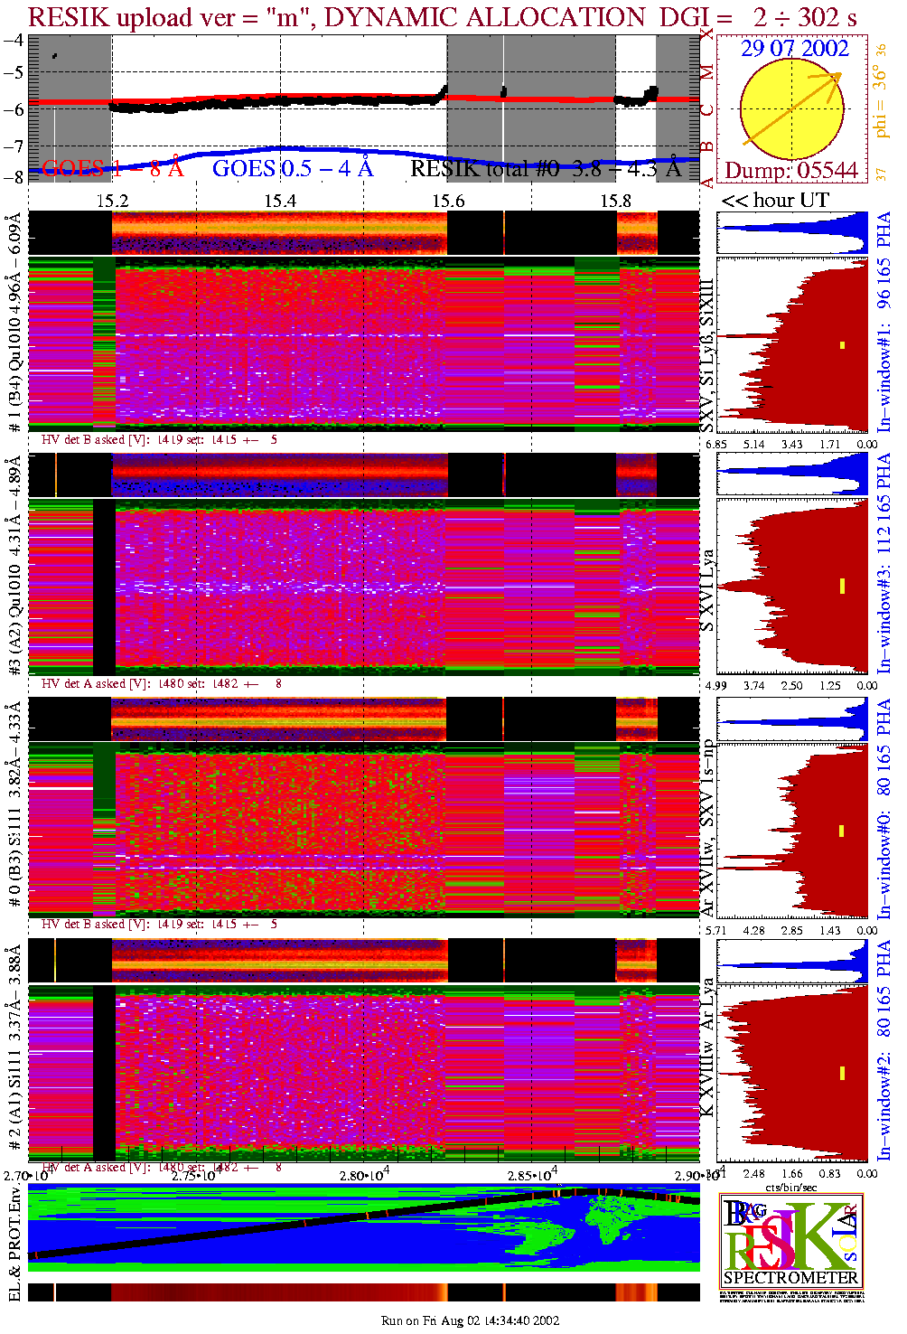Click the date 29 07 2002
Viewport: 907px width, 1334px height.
coord(794,49)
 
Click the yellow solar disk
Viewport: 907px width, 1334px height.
coord(791,109)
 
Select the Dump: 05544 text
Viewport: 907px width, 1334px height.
coord(790,170)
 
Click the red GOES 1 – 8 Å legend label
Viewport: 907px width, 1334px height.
coord(112,168)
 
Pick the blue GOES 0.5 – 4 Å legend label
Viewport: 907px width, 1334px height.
coord(292,168)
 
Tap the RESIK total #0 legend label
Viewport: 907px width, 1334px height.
coord(545,168)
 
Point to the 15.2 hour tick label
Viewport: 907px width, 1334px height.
coord(112,201)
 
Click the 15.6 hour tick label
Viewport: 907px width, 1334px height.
coord(448,201)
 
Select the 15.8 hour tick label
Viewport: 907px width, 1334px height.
coord(616,201)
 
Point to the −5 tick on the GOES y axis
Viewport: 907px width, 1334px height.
coord(14,74)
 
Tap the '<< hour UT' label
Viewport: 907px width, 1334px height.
coord(774,201)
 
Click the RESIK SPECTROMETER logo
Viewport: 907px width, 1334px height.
coord(790,1240)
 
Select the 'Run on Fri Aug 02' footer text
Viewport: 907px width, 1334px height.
coord(470,1320)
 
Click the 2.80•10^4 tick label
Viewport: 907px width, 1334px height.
coord(365,1175)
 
